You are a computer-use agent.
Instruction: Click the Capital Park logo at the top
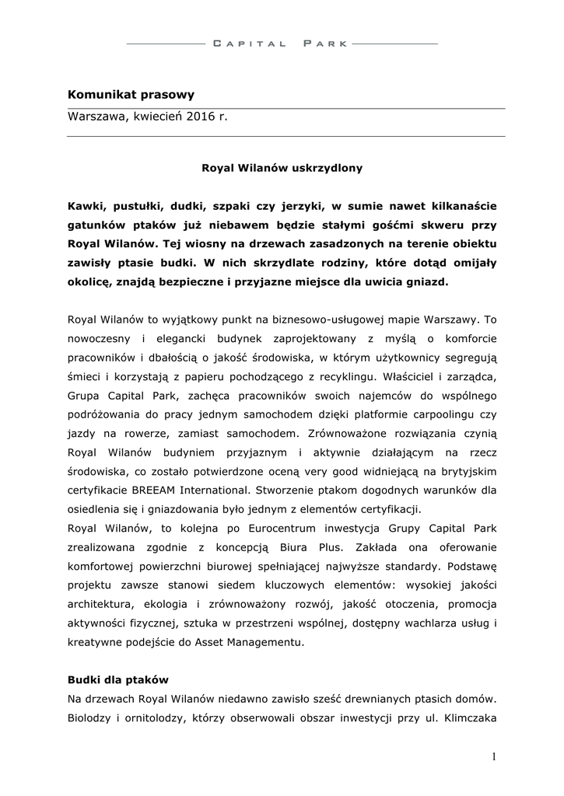(281, 44)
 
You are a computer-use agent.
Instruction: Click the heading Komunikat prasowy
(131, 95)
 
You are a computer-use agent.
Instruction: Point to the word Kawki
(85, 205)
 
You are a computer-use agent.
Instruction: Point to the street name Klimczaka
(471, 717)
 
